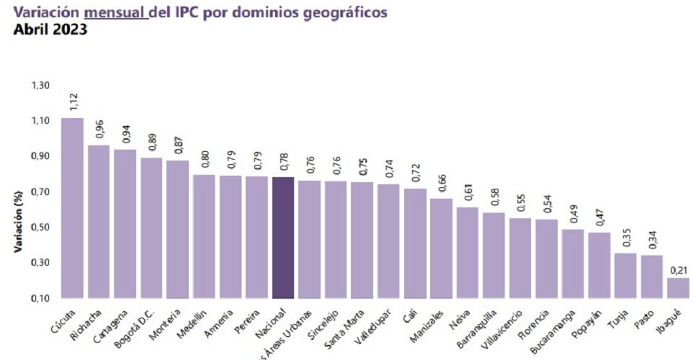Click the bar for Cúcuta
click(72, 208)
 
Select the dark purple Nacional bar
click(283, 238)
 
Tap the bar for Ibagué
click(678, 288)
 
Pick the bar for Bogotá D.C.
click(151, 228)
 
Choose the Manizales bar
click(441, 248)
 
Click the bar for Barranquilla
click(494, 255)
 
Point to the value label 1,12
click(73, 102)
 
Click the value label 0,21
click(678, 269)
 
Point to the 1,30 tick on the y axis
click(40, 86)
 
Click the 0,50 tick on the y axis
click(40, 228)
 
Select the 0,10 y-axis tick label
click(40, 298)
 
